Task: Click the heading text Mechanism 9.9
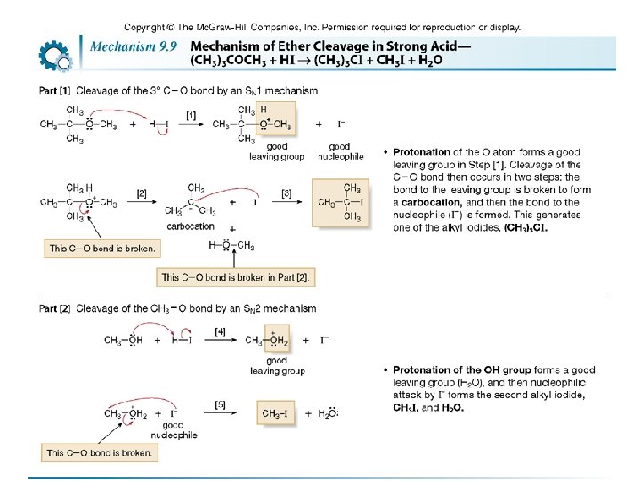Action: coord(136,45)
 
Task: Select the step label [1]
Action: coord(191,115)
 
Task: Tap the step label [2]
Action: coord(142,192)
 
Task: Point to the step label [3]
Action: coord(286,192)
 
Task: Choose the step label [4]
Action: coord(220,330)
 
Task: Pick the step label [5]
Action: coord(220,404)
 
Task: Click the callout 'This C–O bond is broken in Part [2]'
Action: coord(235,278)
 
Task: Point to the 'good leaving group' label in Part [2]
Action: coord(277,365)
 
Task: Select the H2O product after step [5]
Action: coord(327,413)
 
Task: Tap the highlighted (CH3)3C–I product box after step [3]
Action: coord(340,202)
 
